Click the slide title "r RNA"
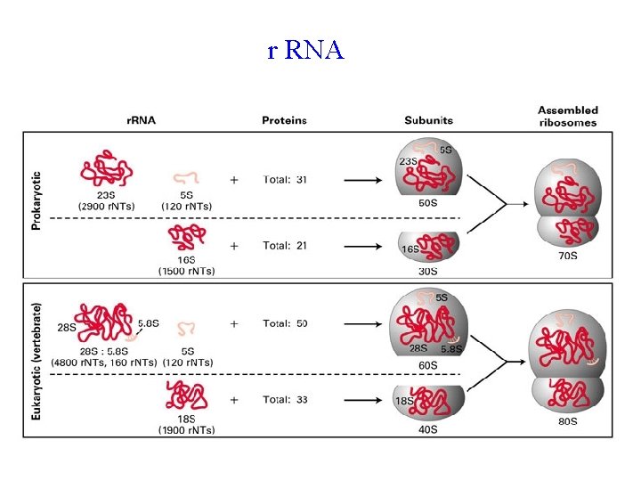pos(305,51)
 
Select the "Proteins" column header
pos(284,120)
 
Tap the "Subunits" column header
pos(428,120)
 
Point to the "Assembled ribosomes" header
pos(567,115)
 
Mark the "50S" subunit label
pos(427,204)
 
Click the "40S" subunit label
pos(427,429)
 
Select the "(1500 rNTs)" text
pos(186,270)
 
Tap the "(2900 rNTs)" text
pos(107,206)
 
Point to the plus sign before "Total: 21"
pos(234,245)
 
